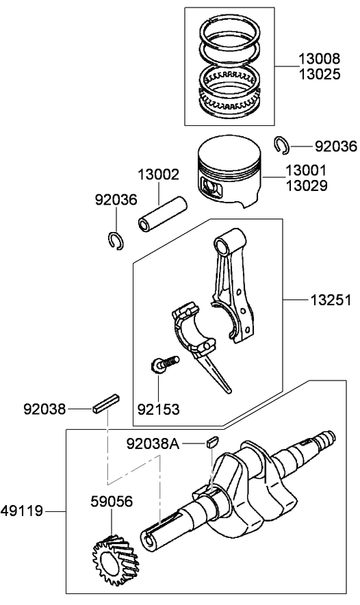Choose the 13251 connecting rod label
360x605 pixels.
[x=331, y=300]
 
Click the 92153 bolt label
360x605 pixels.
[x=158, y=409]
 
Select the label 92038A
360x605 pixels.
[x=153, y=443]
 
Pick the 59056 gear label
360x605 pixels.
[x=112, y=501]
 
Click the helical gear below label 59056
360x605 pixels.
[x=114, y=553]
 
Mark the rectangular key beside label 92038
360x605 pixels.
[x=107, y=403]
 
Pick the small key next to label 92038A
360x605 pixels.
[x=212, y=441]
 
